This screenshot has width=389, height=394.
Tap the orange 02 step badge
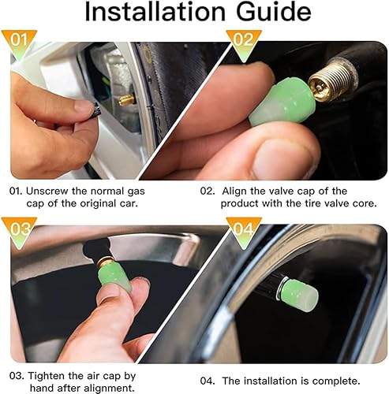244,39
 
